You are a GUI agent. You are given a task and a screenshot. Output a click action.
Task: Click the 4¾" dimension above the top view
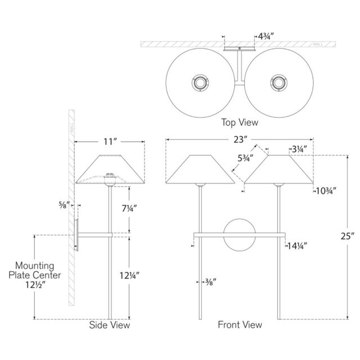pos(266,36)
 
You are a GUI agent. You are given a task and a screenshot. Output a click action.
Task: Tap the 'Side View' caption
pos(110,325)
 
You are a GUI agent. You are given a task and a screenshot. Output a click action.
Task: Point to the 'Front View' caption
pos(240,325)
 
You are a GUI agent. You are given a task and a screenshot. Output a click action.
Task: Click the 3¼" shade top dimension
pos(299,149)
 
